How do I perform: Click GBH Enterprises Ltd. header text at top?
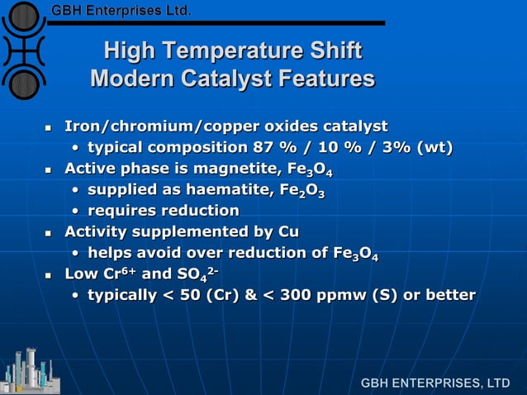click(x=121, y=11)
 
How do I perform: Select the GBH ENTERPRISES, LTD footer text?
click(x=435, y=383)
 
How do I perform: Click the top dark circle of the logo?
click(x=25, y=16)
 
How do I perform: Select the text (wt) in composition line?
click(x=434, y=149)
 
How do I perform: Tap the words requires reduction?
click(x=164, y=212)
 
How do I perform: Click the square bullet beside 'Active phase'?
click(x=49, y=171)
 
